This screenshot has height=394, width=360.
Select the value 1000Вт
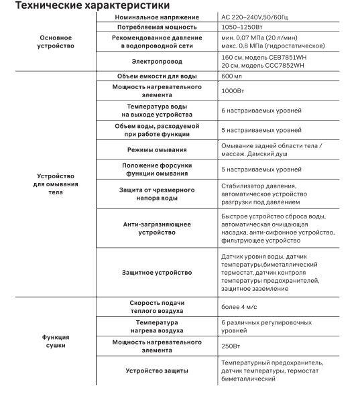pyautogui.click(x=233, y=91)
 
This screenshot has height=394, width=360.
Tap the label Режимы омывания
pyautogui.click(x=156, y=149)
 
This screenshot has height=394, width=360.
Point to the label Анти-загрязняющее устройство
pyautogui.click(x=157, y=228)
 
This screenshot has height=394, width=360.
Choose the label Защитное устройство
pyautogui.click(x=157, y=273)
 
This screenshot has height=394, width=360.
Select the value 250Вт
pyautogui.click(x=231, y=346)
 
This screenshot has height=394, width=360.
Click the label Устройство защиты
pyautogui.click(x=157, y=371)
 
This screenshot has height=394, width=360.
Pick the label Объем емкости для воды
pyautogui.click(x=156, y=77)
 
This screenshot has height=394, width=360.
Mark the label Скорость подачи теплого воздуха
pyautogui.click(x=157, y=307)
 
